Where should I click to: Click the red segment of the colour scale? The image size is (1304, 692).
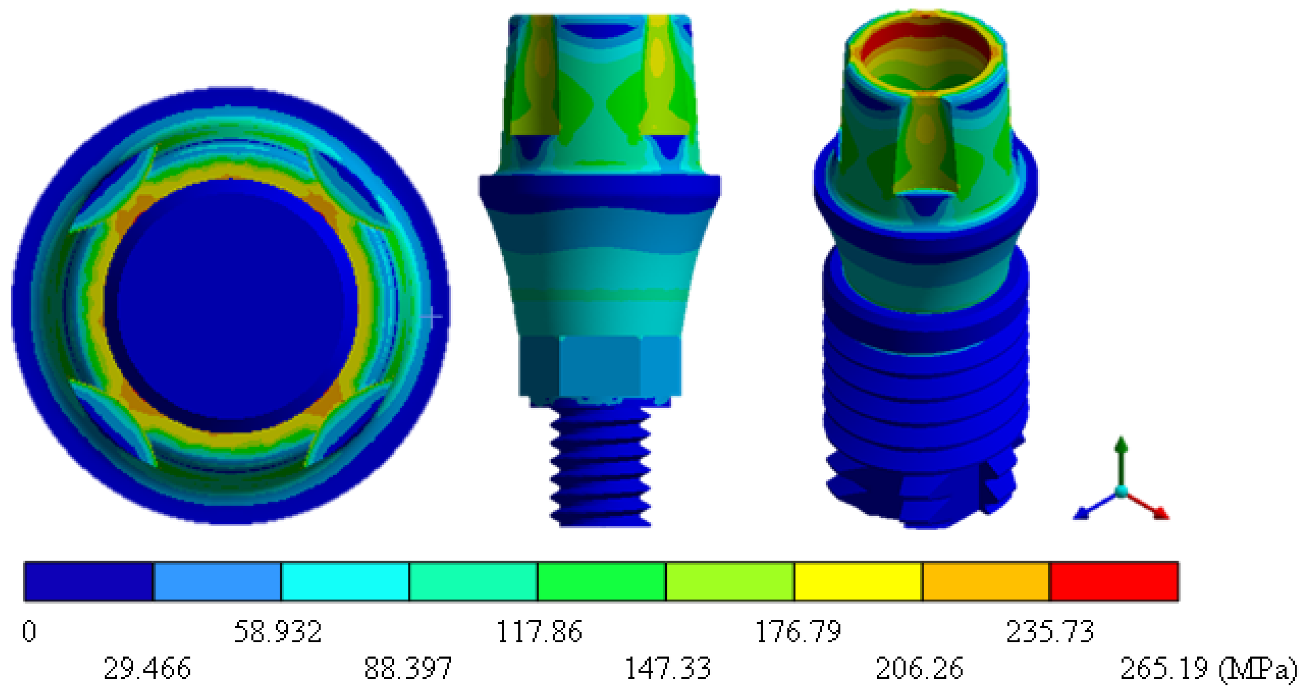point(1114,581)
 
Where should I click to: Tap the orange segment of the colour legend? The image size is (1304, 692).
point(986,581)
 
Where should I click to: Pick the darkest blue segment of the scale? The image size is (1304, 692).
point(88,581)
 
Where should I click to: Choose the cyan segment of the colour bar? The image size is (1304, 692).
point(345,581)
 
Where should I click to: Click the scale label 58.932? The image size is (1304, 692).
point(277,632)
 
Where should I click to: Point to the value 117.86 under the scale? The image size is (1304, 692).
point(539,632)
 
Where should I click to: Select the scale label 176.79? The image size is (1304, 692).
point(798,632)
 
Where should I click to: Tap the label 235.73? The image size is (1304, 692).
point(1050,632)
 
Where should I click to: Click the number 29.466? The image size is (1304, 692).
point(147,668)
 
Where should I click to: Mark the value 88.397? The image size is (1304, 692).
point(408,668)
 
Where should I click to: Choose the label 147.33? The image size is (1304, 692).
point(667,668)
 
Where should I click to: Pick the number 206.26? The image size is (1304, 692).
point(919,668)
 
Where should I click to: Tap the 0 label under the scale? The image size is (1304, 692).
point(29,632)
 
